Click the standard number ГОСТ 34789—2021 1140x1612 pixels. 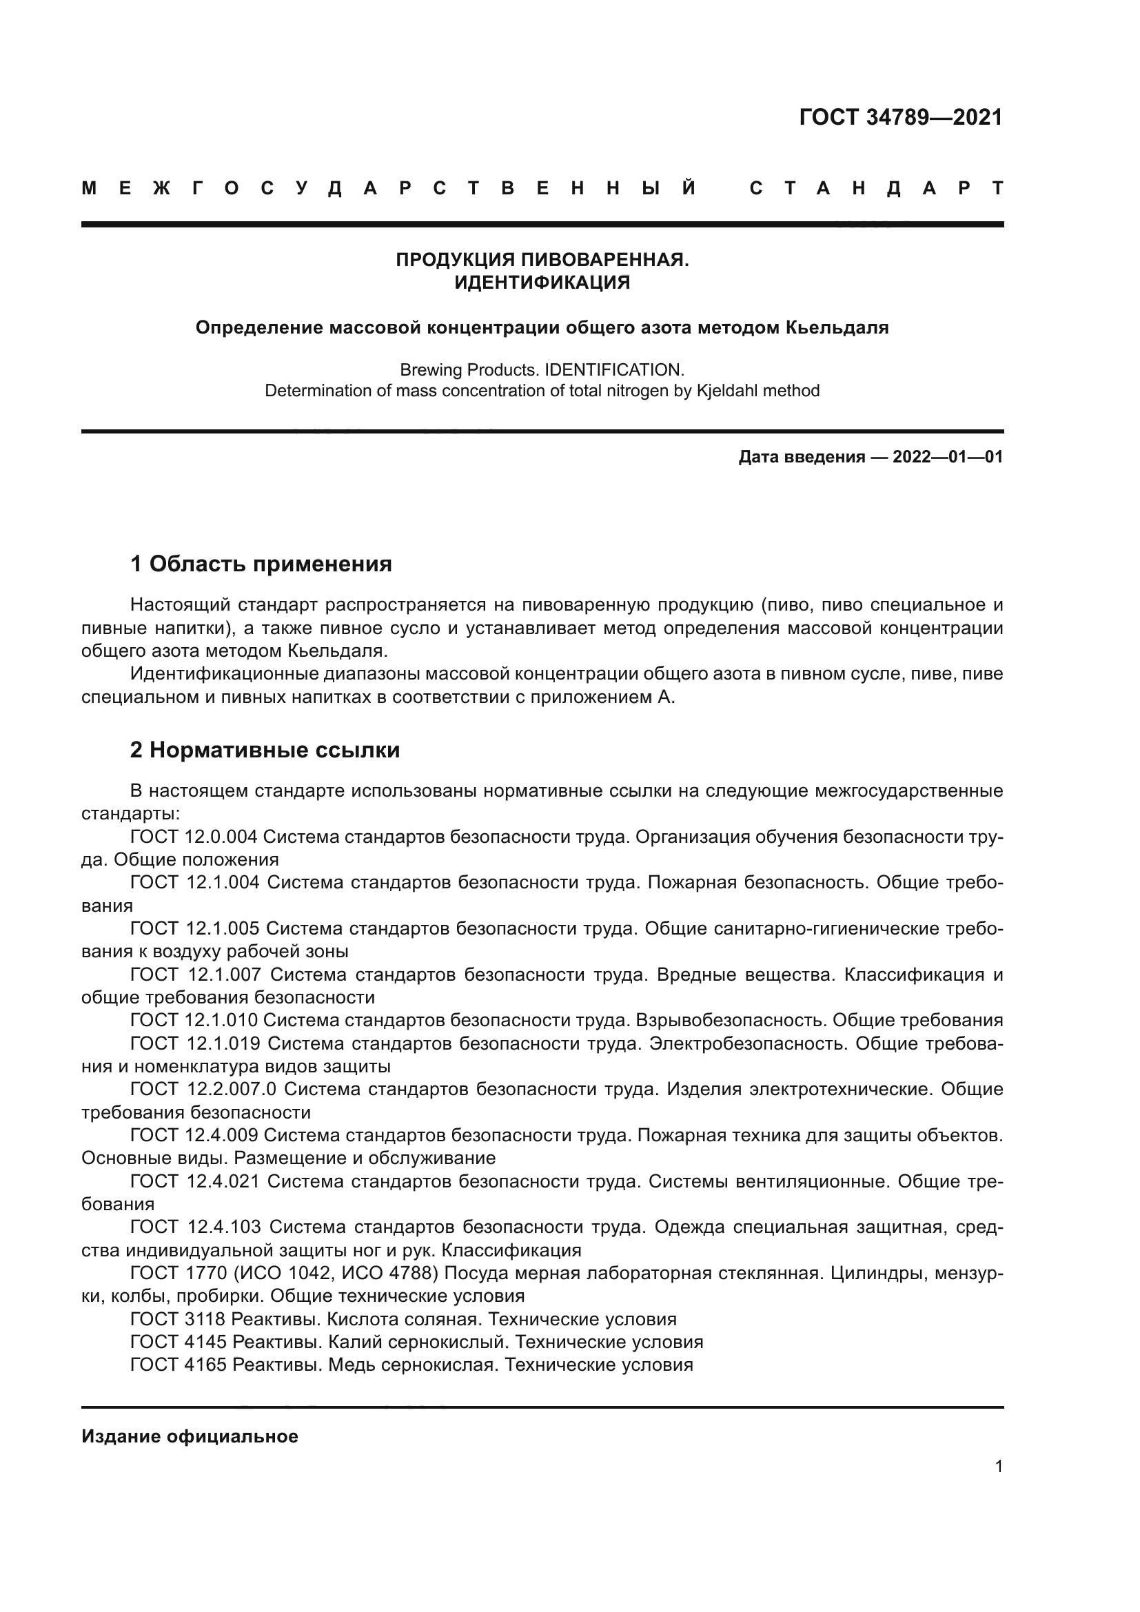[x=901, y=117]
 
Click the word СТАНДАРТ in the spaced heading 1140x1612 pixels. [x=877, y=188]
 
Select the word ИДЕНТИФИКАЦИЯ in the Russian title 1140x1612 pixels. [x=542, y=283]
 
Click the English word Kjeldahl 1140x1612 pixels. [x=726, y=390]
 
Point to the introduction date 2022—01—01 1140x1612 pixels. [x=947, y=458]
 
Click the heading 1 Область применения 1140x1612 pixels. [x=261, y=563]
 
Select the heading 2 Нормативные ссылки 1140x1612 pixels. [x=265, y=750]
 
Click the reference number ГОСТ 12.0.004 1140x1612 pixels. [x=194, y=836]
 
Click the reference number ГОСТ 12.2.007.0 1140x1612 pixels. [x=203, y=1089]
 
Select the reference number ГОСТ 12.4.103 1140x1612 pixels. [x=195, y=1227]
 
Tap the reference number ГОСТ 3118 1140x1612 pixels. [x=178, y=1318]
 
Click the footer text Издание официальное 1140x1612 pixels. [x=190, y=1436]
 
